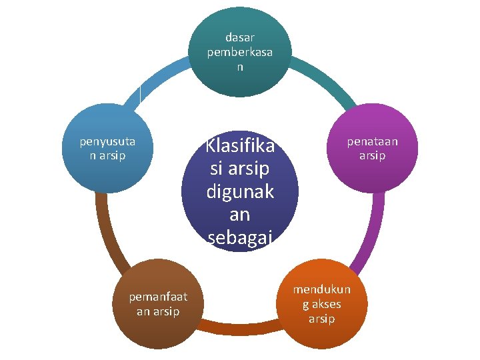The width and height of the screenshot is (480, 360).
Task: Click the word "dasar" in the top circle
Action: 239,39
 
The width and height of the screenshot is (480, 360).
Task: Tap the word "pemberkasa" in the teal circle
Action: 239,53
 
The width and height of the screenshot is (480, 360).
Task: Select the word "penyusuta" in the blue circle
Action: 107,141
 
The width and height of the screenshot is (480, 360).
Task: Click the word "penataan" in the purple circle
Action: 372,141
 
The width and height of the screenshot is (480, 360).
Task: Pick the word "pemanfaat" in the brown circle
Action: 158,297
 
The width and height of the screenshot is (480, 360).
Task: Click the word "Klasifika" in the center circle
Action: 240,145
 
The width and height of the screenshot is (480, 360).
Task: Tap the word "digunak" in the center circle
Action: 240,193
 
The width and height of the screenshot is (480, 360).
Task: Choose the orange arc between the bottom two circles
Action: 240,327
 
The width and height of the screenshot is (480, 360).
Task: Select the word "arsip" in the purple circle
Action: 372,156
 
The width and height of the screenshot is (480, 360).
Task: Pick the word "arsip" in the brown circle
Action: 167,311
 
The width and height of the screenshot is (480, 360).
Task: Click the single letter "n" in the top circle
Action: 239,67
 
